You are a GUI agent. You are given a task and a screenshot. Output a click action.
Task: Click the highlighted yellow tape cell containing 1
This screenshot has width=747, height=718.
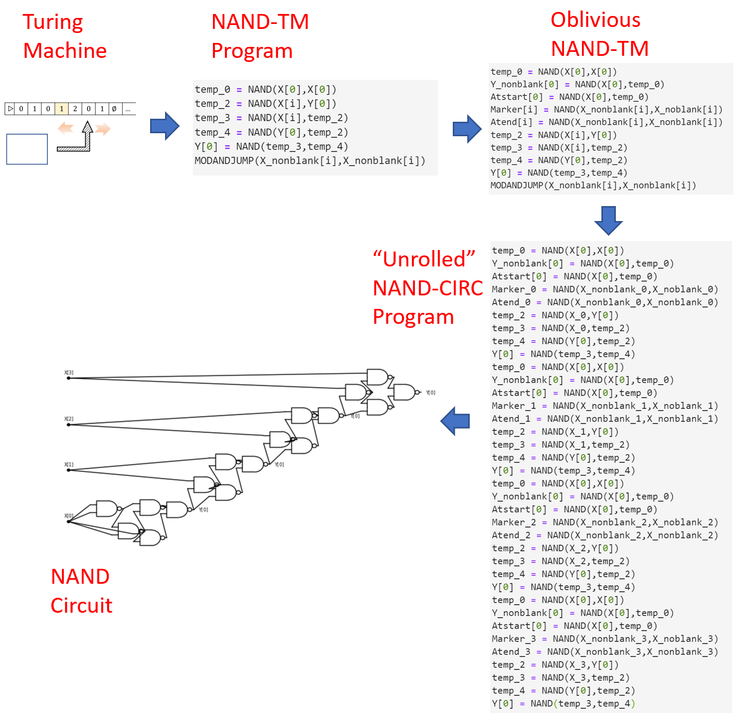coord(61,109)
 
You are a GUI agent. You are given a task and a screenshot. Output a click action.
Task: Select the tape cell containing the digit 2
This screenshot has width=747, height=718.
coord(75,109)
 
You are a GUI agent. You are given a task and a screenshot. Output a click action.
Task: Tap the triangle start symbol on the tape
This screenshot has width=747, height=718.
coord(10,109)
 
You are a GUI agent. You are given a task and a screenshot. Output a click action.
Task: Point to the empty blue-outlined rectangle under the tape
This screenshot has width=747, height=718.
coord(27,149)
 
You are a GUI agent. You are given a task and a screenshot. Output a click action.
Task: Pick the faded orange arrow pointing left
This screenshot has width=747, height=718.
coord(65,129)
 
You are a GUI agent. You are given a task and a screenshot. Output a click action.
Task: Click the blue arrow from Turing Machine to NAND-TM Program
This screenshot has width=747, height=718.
coord(165,126)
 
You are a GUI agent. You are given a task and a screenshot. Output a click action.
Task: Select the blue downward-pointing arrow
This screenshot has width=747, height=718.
coord(608,220)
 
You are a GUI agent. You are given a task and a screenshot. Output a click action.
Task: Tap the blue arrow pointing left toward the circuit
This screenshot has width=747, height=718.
coord(455,421)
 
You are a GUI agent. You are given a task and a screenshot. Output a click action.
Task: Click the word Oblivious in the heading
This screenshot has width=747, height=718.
coord(595,20)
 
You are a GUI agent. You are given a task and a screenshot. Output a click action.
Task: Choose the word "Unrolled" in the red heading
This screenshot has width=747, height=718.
coord(424,259)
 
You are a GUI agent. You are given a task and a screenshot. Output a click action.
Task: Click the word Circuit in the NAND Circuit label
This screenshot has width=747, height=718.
coord(81,605)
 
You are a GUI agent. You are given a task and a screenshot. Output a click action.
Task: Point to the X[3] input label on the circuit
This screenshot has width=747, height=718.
coord(69,373)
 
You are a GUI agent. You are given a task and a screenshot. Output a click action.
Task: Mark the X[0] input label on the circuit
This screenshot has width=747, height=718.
coord(69,516)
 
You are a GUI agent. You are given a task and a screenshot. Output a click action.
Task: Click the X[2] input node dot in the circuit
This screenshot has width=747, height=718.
coord(69,425)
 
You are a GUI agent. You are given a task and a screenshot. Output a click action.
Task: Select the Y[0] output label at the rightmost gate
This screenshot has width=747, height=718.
coord(430,393)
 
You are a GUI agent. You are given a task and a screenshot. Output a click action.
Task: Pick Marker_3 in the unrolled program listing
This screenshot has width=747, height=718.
coord(514,639)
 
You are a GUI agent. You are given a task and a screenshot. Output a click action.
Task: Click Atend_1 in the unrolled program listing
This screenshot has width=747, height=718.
coord(511,419)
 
